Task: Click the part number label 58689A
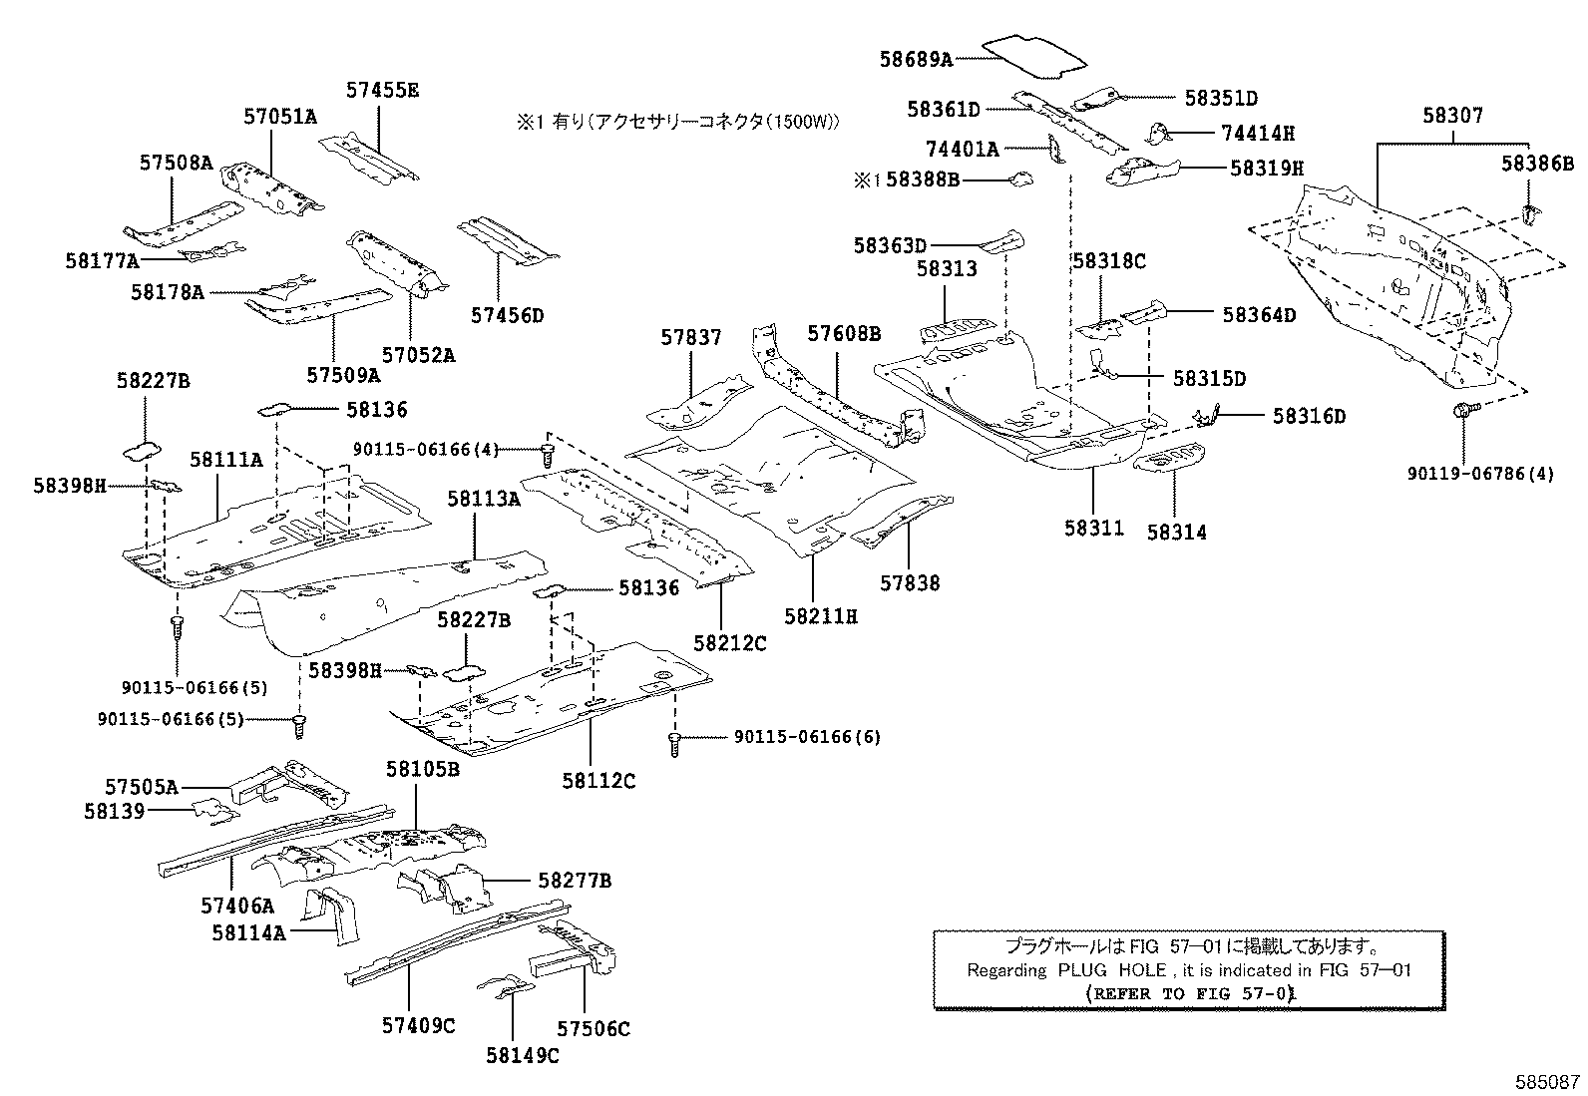coord(915,59)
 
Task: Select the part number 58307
coord(1452,116)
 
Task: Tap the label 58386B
coord(1537,163)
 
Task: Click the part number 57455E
coord(382,90)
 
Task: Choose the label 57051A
coord(280,117)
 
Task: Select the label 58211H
coord(820,617)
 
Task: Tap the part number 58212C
coord(729,643)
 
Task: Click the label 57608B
coord(844,333)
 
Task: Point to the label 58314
coord(1176,533)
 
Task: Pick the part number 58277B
coord(575,881)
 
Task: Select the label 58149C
coord(523,1055)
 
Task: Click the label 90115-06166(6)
coord(807,737)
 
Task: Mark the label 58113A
coord(484,500)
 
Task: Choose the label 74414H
coord(1258,133)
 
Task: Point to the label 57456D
coord(508,316)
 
